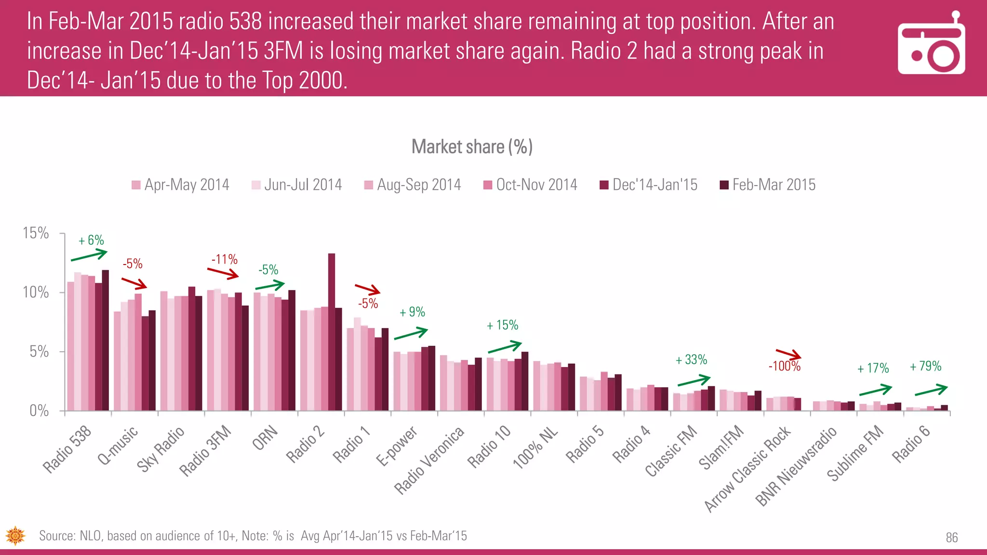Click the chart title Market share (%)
(472, 147)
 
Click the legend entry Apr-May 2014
(180, 185)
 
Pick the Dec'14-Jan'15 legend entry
(649, 185)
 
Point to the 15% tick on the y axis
(36, 233)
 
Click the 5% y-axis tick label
(39, 352)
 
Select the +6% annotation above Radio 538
(91, 240)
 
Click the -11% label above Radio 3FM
(225, 259)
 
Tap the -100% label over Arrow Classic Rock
(785, 366)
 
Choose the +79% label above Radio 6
(925, 366)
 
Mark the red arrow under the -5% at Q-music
(134, 283)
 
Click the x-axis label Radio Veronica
(429, 460)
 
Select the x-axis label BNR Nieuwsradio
(796, 466)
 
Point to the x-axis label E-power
(397, 446)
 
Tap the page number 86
(951, 538)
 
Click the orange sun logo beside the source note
(15, 536)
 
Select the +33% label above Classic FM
(691, 359)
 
